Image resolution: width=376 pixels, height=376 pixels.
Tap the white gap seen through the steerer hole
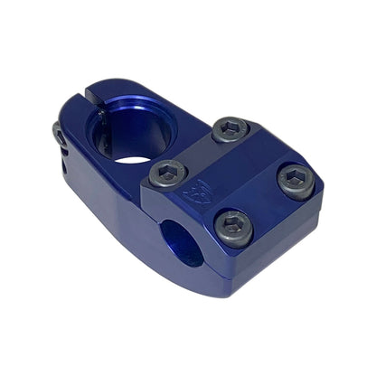(x=136, y=159)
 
